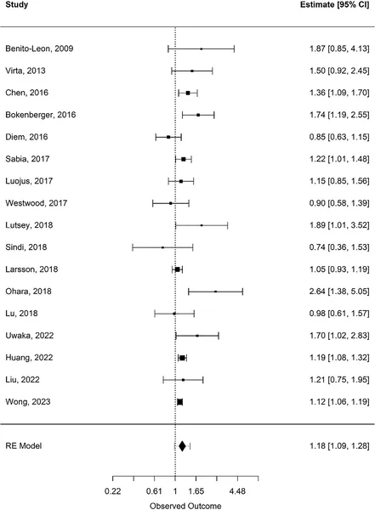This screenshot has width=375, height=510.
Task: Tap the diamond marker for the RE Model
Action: tap(182, 445)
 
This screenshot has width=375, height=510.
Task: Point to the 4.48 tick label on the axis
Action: tap(236, 491)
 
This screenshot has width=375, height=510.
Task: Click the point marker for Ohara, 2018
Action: tap(216, 291)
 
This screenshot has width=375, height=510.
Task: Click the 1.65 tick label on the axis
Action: tap(196, 491)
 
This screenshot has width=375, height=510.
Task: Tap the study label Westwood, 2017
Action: tap(36, 202)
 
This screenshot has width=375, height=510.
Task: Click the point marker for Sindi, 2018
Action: tap(162, 246)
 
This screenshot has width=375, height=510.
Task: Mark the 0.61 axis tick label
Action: tap(154, 491)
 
